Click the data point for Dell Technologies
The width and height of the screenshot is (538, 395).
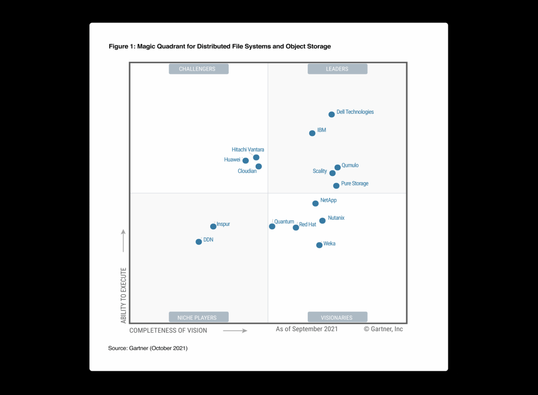[332, 114]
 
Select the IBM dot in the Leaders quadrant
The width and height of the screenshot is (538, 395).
[312, 133]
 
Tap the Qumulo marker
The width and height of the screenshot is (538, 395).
[338, 167]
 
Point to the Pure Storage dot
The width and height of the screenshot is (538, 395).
[336, 186]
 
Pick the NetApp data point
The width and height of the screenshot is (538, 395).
[316, 203]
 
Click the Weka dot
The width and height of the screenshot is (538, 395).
[319, 245]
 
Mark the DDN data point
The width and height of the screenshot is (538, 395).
[199, 242]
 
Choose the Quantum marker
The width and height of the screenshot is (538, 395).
[272, 226]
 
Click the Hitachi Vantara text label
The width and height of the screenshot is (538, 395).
[248, 150]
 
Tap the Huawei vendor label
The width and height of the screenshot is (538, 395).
[232, 160]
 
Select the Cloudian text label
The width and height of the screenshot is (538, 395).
[247, 171]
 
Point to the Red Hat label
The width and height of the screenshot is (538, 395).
[308, 224]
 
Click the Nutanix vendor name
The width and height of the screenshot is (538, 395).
[336, 218]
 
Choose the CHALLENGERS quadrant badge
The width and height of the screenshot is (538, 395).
[198, 69]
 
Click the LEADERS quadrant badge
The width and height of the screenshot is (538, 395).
[337, 69]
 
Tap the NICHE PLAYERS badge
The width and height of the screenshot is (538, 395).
[198, 318]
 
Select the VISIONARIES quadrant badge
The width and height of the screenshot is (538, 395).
[337, 318]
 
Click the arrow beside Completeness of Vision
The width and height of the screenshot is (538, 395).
[235, 331]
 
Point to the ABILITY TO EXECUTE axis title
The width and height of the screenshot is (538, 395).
[124, 295]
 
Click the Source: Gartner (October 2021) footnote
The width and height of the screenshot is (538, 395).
[148, 348]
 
